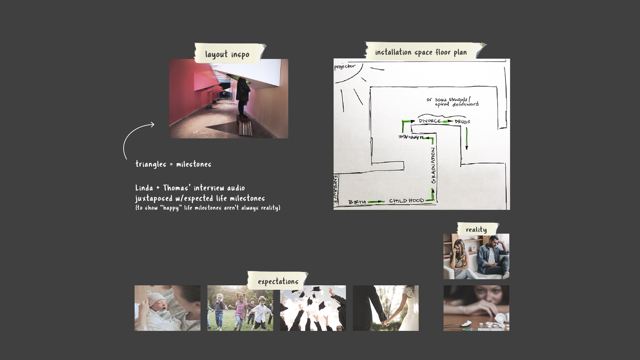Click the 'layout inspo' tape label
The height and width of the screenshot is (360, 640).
coord(227,54)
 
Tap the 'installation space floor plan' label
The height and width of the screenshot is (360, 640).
coord(421,52)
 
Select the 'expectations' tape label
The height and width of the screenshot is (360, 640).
coord(278,281)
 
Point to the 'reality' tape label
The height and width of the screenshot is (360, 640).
coord(476,229)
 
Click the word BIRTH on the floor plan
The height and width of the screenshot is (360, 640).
coord(357,202)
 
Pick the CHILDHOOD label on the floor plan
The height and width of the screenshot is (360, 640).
coord(406,200)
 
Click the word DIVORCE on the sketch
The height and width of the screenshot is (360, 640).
coord(430,121)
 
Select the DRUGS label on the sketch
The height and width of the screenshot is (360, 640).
coord(462,121)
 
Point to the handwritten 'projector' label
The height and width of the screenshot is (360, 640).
coord(344,66)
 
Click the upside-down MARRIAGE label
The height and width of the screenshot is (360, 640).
coord(411,137)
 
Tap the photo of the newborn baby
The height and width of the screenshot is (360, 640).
coord(167,308)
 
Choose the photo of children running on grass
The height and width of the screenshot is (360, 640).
coord(240,308)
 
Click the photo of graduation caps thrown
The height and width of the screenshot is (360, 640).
coord(313,308)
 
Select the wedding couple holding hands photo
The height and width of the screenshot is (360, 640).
coord(386,308)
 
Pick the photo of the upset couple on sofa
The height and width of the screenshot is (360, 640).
coord(476,256)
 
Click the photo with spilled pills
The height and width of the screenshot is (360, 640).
coord(476,308)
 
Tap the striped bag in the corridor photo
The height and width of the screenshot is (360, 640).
coord(245,128)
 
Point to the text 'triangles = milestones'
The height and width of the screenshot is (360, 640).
coord(173,164)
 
